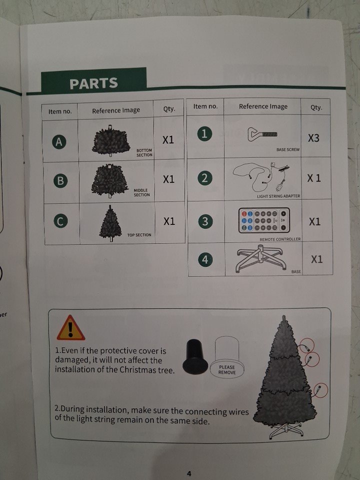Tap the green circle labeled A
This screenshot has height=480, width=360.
59,141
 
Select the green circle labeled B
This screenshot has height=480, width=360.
60,180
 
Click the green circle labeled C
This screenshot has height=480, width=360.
60,221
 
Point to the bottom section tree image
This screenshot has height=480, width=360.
111,140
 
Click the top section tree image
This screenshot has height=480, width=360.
110,223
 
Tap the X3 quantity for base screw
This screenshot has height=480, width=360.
313,138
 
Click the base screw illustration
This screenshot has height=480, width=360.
262,134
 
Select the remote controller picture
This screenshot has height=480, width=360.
263,220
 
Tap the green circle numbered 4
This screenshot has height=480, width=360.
205,259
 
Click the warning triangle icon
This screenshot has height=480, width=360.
70,328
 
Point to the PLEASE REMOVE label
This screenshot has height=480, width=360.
227,370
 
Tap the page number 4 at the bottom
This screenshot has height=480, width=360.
189,473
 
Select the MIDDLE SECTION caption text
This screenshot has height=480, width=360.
141,192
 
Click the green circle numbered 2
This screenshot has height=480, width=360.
205,178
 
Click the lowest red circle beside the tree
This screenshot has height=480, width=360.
321,390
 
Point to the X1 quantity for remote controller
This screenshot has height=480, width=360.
314,221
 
